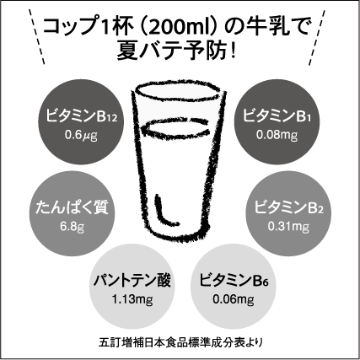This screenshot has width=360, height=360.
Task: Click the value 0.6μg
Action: (x=81, y=136)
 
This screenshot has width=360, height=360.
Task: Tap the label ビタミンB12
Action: (x=81, y=116)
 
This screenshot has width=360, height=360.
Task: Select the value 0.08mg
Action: (x=277, y=135)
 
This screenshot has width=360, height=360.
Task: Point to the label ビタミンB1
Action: (x=277, y=116)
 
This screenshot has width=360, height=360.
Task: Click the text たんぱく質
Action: (x=73, y=207)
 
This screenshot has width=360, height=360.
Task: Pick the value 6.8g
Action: (x=73, y=227)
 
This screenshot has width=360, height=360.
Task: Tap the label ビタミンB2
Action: (x=288, y=207)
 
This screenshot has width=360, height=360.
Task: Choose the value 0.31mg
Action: (x=288, y=227)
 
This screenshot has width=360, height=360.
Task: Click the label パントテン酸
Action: (x=132, y=280)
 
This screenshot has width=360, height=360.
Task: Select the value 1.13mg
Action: (x=132, y=299)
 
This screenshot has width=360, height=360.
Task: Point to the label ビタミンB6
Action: (x=234, y=280)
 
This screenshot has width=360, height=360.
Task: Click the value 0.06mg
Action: (x=234, y=299)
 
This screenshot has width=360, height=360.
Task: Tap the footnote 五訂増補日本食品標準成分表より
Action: (x=181, y=343)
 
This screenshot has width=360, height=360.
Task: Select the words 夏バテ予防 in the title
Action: (x=171, y=51)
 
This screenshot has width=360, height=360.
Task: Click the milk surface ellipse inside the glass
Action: (x=176, y=126)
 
